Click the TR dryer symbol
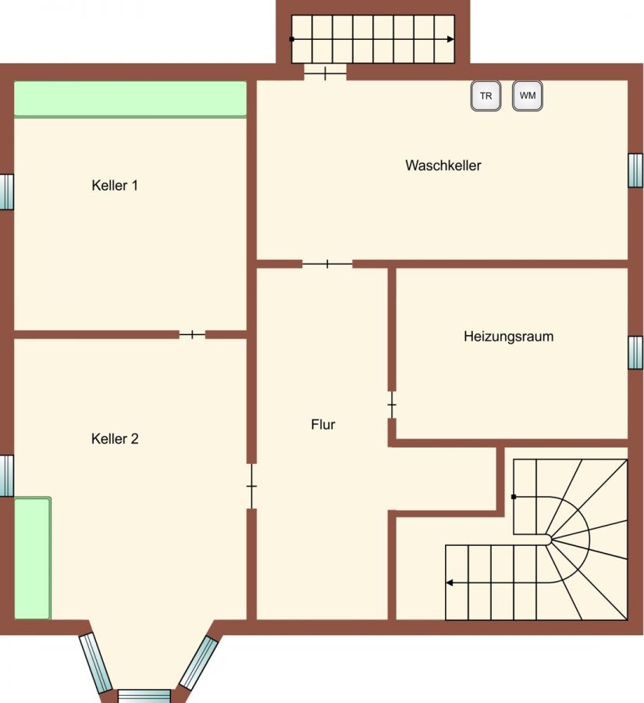click(x=486, y=95)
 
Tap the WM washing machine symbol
click(x=528, y=95)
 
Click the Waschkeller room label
click(x=443, y=166)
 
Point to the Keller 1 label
click(x=115, y=185)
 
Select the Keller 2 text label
click(x=115, y=438)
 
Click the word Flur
click(x=323, y=424)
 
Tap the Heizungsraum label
click(x=509, y=337)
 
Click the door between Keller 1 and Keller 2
click(x=192, y=334)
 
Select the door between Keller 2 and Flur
click(x=252, y=486)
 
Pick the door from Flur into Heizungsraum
click(x=392, y=405)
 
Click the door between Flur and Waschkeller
click(x=327, y=264)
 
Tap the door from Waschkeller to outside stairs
click(x=326, y=73)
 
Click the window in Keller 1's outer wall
click(x=7, y=192)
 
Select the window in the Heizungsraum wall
click(x=635, y=353)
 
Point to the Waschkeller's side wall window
click(x=635, y=170)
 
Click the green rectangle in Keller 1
click(x=130, y=99)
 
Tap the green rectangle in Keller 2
click(x=33, y=558)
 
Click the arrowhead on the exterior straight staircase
click(x=450, y=40)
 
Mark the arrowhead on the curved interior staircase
click(x=449, y=583)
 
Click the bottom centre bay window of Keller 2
click(x=144, y=696)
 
